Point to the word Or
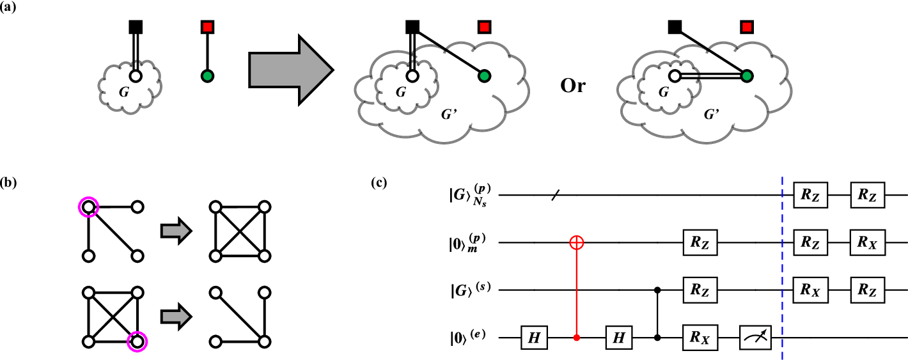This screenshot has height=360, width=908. tap(572, 86)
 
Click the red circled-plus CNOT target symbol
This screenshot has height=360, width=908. tap(577, 242)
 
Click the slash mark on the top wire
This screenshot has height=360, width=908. tap(554, 194)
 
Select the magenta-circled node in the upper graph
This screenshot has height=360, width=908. tap(88, 207)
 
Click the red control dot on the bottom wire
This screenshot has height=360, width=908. tap(577, 337)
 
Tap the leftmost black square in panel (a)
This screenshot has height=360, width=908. tap(136, 27)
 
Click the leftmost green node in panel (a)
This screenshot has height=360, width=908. tap(207, 76)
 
